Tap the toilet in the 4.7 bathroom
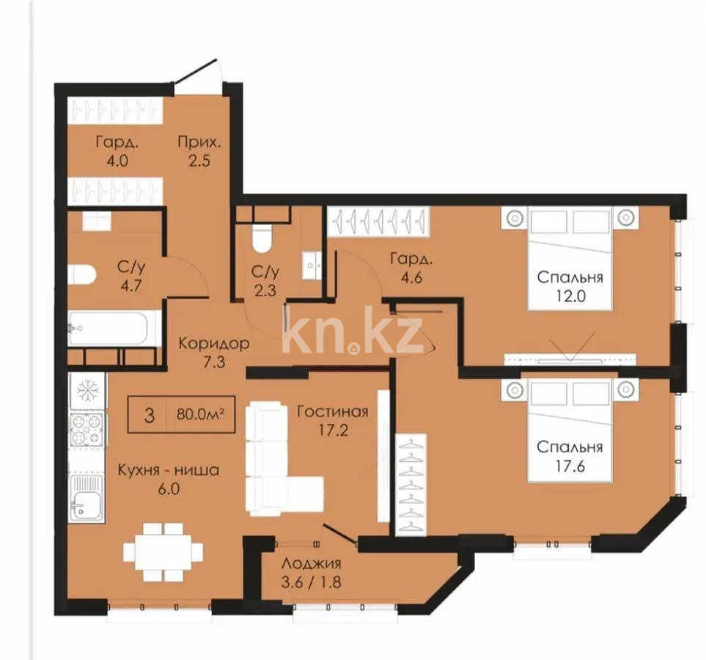click(x=81, y=274)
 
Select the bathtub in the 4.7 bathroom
click(x=114, y=328)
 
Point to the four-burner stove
click(x=87, y=430)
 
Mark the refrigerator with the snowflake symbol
click(x=87, y=390)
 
